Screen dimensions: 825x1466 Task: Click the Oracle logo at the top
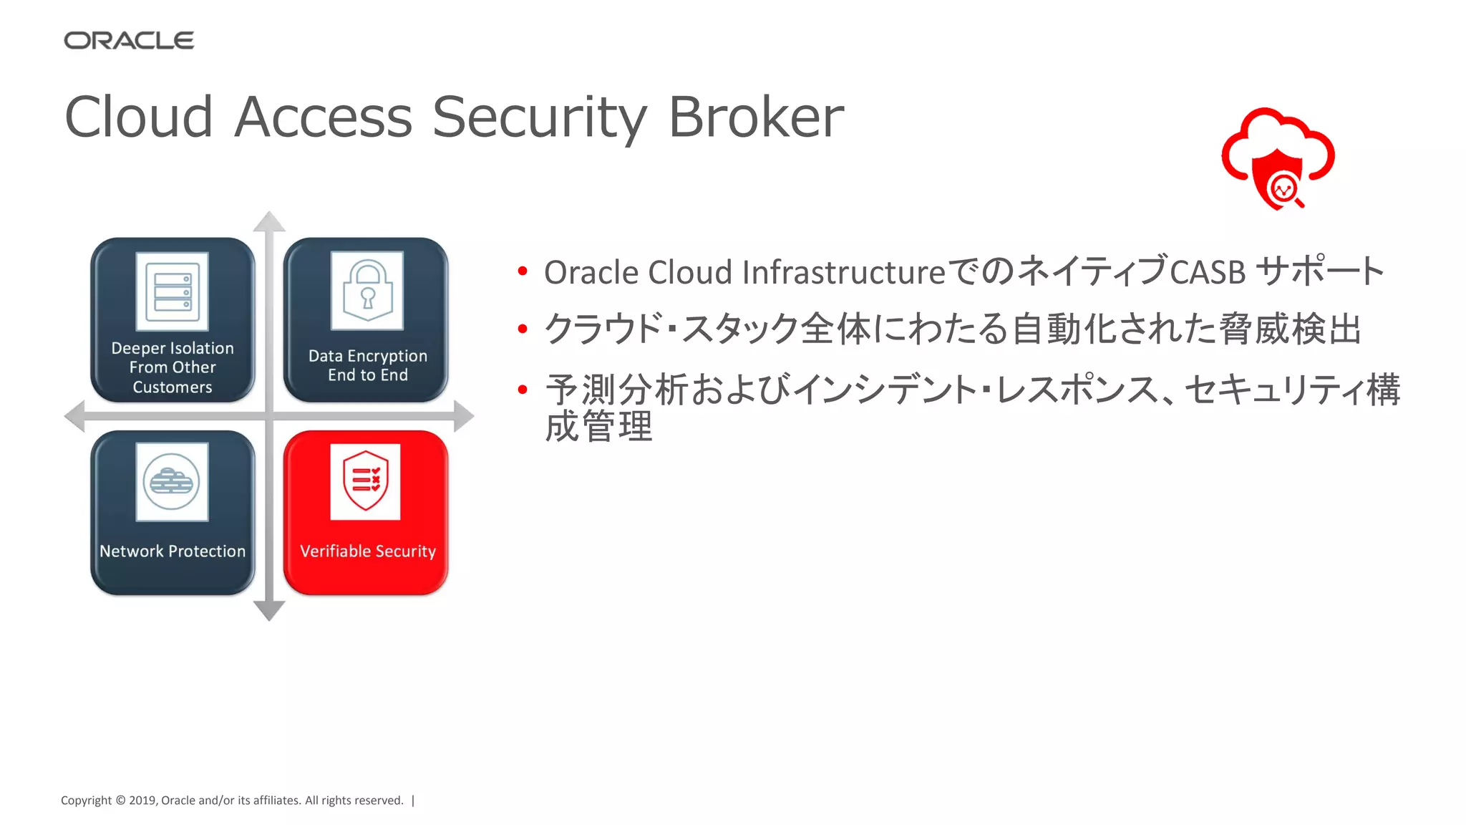coord(129,41)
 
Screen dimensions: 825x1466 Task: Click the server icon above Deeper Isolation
coord(173,291)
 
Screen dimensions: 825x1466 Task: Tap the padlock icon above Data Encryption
coord(367,291)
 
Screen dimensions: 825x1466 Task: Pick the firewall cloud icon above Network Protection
coord(172,482)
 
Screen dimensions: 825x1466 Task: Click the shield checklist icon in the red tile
coord(365,481)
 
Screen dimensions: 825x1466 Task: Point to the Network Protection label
coord(173,551)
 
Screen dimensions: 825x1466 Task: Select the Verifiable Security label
coord(368,551)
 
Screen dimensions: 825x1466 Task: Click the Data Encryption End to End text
coord(368,365)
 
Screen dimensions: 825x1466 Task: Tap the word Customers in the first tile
coord(173,387)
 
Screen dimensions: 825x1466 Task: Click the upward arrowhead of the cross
coord(269,221)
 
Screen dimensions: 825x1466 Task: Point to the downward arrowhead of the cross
coord(269,611)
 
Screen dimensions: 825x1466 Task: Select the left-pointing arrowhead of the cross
coord(74,416)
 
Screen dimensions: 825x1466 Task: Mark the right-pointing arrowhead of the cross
coord(464,416)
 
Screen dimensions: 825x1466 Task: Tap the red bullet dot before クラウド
coord(523,329)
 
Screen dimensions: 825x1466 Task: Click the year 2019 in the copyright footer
coord(142,801)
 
